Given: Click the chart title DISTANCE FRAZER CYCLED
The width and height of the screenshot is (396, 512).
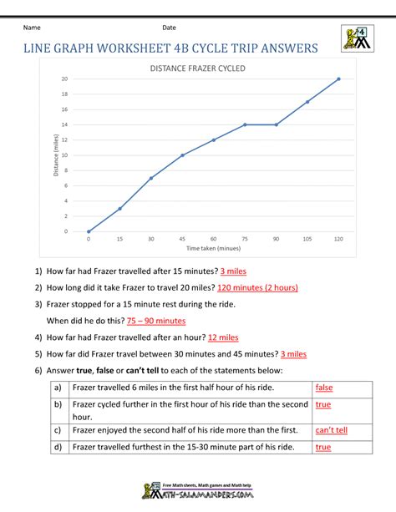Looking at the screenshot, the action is (x=197, y=68).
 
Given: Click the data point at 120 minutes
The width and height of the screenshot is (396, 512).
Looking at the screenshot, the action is (x=338, y=79).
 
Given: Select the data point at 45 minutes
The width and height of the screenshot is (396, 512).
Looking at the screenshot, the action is (x=182, y=155).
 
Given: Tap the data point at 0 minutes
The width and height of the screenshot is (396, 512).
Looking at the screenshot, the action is (x=89, y=231).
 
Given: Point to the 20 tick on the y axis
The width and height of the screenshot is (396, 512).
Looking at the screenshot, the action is (x=64, y=79).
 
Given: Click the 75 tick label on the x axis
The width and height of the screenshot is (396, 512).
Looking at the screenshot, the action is (x=245, y=239).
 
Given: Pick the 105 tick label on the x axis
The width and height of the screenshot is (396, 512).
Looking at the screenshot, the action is (x=307, y=239).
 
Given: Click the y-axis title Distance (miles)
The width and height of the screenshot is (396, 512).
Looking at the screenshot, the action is (x=55, y=155).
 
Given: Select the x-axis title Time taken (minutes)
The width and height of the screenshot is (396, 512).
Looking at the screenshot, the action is (x=213, y=248).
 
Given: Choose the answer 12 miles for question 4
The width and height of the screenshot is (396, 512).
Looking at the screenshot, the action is (x=223, y=337).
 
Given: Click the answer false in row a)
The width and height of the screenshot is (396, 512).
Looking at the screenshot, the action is (x=324, y=388).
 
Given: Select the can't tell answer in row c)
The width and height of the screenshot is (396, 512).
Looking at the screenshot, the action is (x=332, y=431).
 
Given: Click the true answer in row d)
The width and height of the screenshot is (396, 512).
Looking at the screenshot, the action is (x=323, y=448).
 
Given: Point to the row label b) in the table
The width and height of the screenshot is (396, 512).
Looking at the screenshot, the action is (x=58, y=404).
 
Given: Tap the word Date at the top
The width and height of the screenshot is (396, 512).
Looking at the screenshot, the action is (x=169, y=28).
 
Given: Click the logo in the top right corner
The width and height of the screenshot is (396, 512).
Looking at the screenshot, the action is (x=355, y=38).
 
